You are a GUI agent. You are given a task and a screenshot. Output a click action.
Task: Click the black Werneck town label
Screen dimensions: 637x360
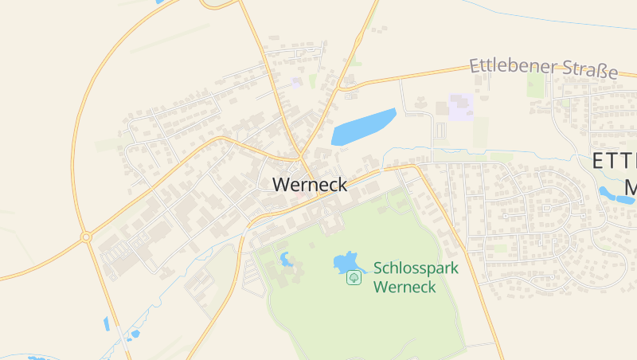click(310, 184)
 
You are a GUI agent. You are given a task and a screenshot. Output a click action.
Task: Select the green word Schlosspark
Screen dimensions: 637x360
click(416, 268)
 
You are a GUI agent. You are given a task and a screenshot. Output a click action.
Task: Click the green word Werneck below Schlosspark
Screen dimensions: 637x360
click(404, 287)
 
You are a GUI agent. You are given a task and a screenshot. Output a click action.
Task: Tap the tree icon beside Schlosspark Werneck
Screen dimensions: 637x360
click(352, 277)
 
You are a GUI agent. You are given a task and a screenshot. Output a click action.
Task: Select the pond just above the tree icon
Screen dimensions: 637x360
click(345, 261)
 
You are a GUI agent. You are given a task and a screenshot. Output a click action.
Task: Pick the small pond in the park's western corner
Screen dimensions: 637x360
click(285, 259)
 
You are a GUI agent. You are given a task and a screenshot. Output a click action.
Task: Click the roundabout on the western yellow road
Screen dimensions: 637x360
click(85, 237)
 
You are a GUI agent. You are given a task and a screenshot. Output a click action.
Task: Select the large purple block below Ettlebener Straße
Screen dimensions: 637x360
click(461, 107)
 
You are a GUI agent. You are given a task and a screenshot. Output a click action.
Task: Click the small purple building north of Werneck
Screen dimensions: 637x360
click(297, 82)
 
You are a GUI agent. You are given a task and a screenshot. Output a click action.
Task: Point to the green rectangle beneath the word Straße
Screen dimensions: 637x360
click(534, 84)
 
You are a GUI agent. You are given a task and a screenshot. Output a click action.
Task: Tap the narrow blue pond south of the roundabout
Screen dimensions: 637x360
click(107, 323)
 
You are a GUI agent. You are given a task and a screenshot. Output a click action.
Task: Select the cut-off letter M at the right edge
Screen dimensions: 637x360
click(631, 188)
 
